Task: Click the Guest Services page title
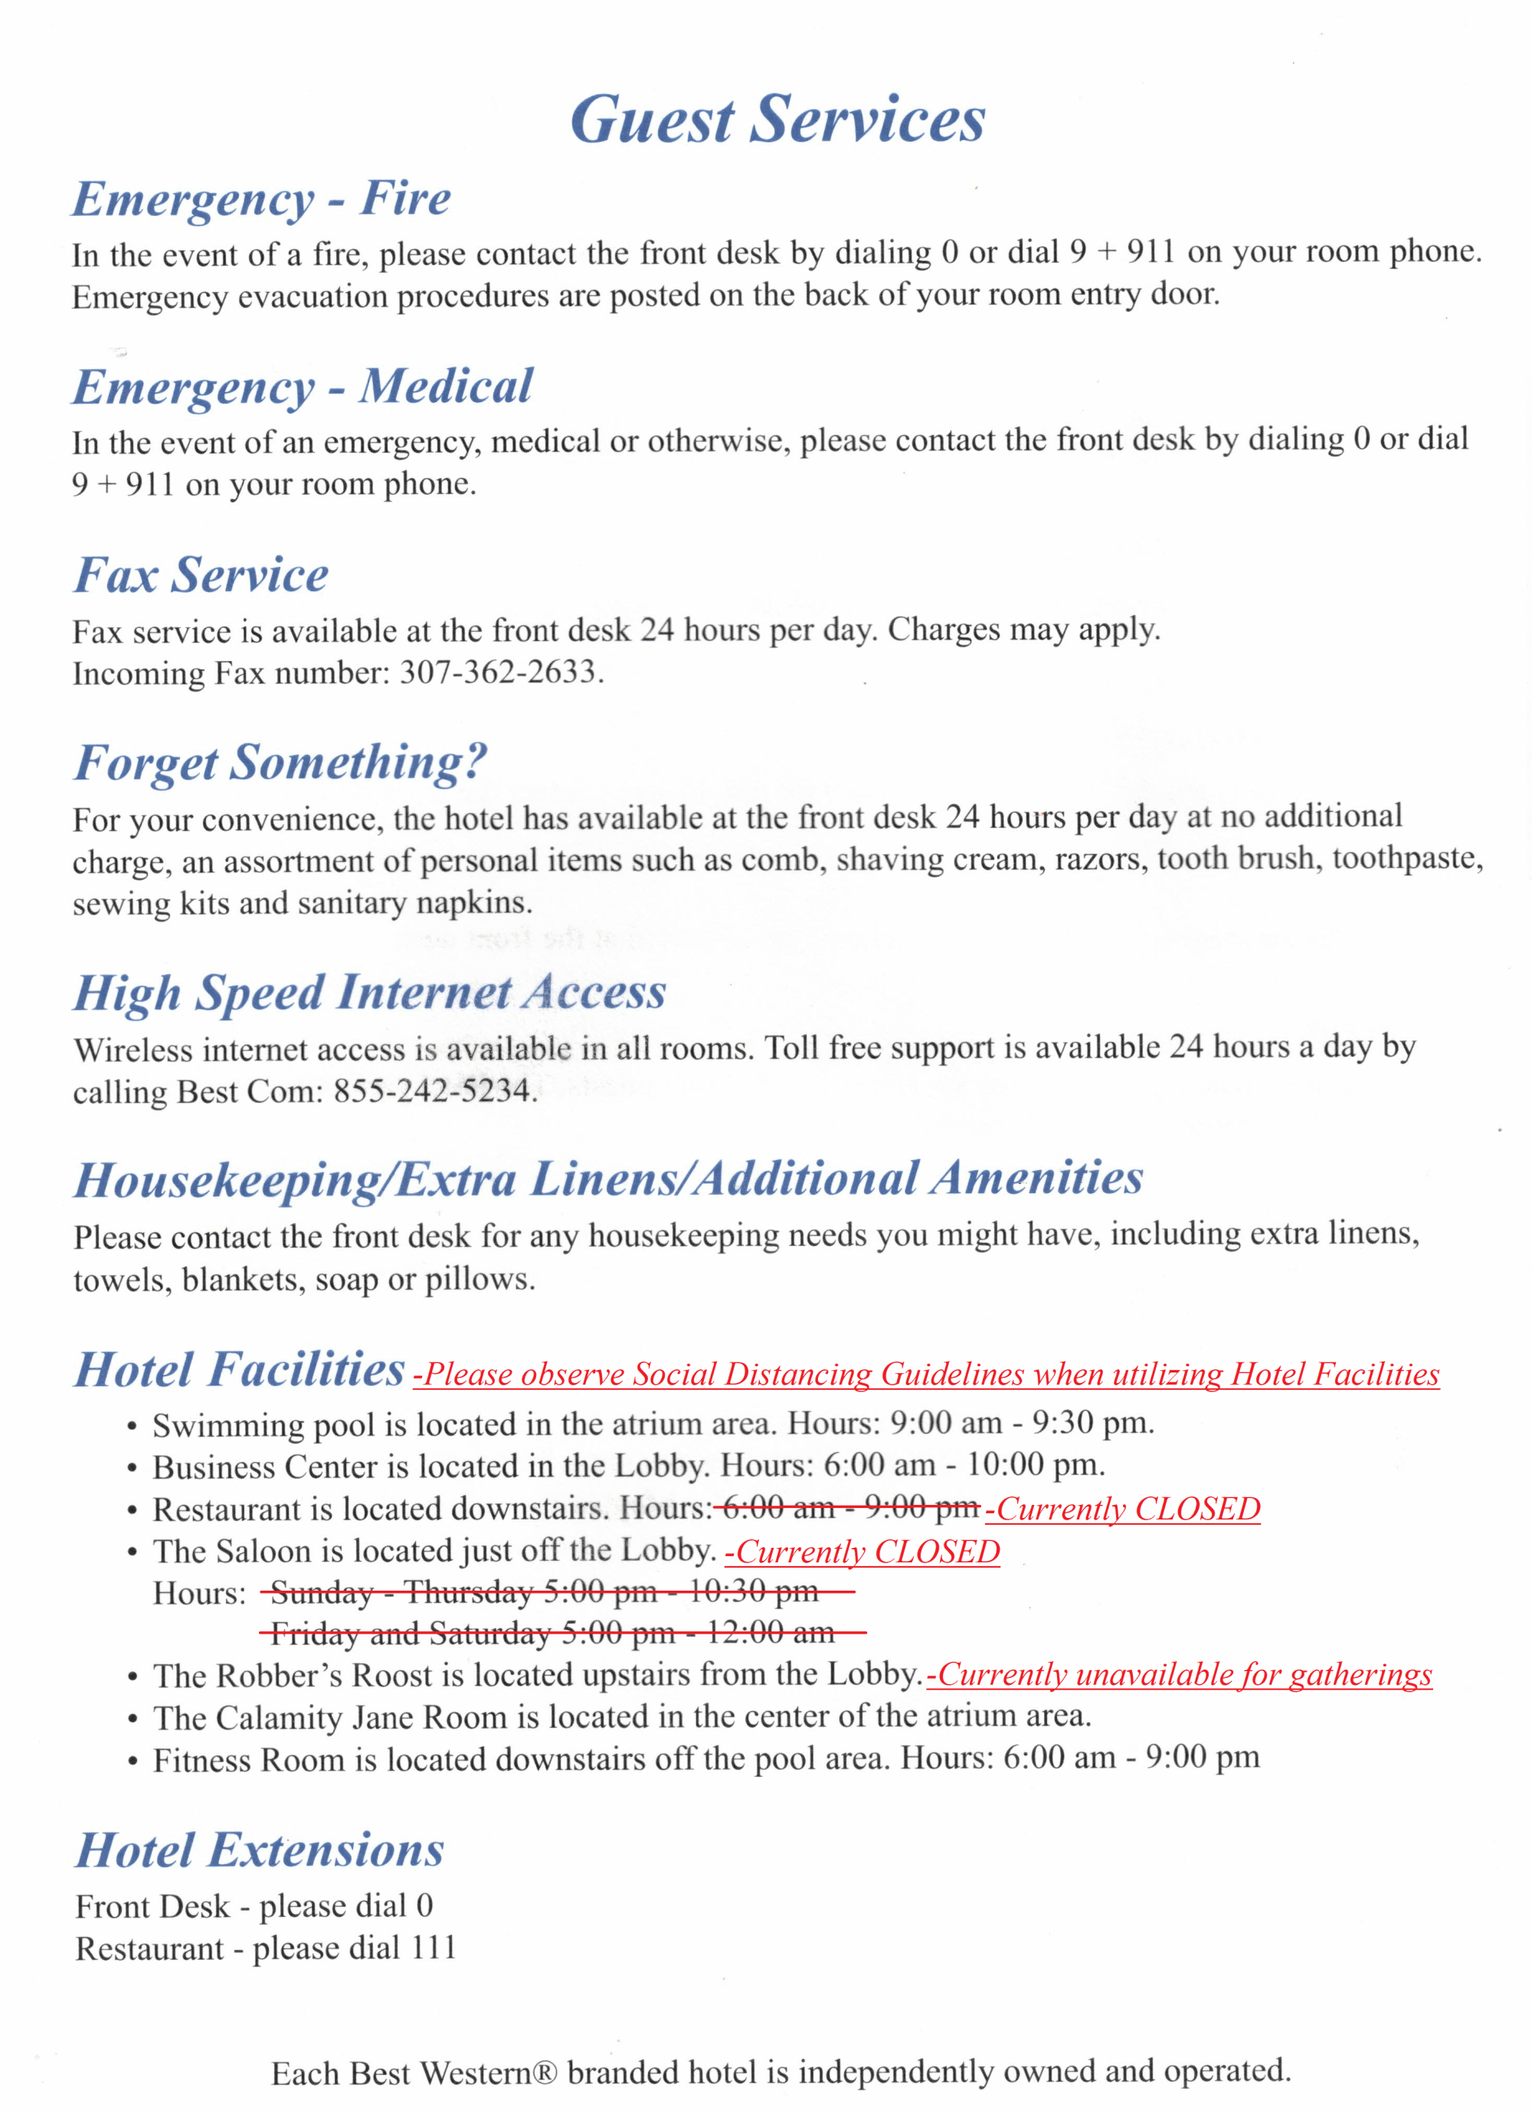pos(777,119)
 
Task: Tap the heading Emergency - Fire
pos(262,198)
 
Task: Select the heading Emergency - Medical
pos(303,387)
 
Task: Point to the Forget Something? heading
pos(280,762)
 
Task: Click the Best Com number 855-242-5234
pos(431,1090)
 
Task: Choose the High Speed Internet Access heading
pos(370,993)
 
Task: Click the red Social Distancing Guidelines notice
pos(927,1374)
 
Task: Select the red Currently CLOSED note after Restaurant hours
pos(1123,1508)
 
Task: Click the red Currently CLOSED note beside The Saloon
pos(862,1551)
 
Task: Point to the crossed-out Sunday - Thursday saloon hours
pos(545,1592)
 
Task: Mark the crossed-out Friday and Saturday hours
pos(552,1634)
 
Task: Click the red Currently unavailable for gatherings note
pos(1179,1674)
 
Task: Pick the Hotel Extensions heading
pos(260,1850)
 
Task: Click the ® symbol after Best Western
pos(545,2073)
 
